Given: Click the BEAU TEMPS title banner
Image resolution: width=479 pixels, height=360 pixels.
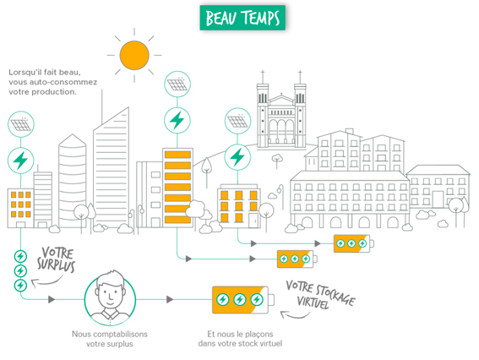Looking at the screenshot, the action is (242, 18).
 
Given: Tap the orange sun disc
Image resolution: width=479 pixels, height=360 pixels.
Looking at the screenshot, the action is (134, 55).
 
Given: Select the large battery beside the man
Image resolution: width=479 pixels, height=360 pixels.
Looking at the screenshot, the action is (243, 300).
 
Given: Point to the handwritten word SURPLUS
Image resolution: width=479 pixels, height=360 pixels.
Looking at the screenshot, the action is (56, 265).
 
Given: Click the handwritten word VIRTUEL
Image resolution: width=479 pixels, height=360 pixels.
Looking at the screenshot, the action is (313, 302).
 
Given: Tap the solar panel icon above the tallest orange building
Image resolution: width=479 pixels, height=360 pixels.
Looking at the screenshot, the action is (177, 84).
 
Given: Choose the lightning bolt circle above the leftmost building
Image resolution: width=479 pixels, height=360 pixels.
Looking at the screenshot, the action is (21, 161).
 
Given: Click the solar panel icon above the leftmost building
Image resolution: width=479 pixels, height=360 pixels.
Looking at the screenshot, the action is (21, 124).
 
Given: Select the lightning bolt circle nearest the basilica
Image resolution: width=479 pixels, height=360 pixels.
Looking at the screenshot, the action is (237, 157).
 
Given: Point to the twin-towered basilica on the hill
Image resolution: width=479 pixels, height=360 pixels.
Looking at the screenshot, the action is (281, 114).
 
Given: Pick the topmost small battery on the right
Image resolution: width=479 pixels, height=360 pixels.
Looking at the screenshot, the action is (354, 243).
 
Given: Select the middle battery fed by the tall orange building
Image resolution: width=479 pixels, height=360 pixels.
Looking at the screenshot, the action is (297, 259).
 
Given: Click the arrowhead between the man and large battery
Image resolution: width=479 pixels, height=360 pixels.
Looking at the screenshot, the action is (170, 299).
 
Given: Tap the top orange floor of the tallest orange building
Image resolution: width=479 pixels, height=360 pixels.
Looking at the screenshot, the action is (177, 155).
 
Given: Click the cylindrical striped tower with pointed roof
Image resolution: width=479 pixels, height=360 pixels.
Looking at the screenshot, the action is (73, 181).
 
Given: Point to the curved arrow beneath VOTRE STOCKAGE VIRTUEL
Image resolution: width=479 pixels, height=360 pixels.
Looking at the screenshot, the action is (295, 315).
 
